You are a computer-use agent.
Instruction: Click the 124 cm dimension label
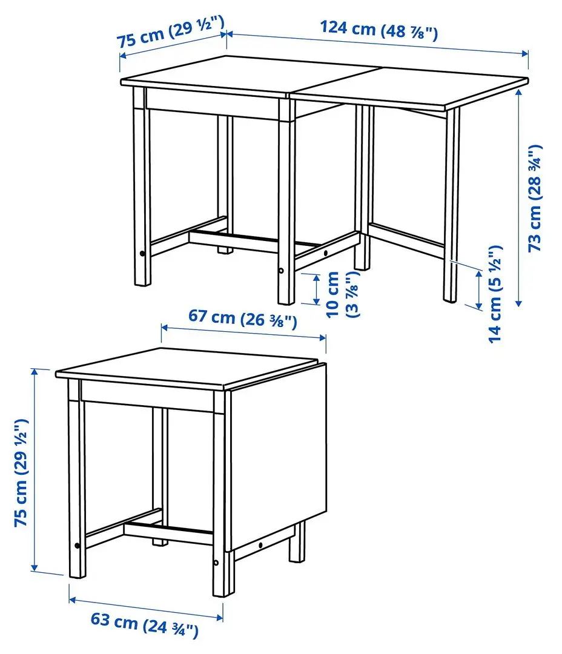tap(379, 28)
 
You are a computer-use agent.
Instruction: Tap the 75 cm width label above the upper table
tap(171, 33)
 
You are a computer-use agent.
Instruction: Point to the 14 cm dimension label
tap(496, 294)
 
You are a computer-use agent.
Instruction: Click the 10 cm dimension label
tap(342, 295)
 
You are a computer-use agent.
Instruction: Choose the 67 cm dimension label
tap(242, 319)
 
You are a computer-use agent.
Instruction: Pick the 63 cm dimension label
tap(144, 623)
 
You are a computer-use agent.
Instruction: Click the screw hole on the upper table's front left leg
tap(142, 254)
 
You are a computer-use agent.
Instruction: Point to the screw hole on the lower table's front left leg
tap(77, 546)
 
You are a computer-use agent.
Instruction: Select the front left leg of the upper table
tap(142, 188)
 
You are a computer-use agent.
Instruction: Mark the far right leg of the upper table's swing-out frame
tap(451, 206)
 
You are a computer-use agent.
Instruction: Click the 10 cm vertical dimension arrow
tap(316, 289)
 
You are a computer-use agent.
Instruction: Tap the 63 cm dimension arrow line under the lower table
tap(145, 609)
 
